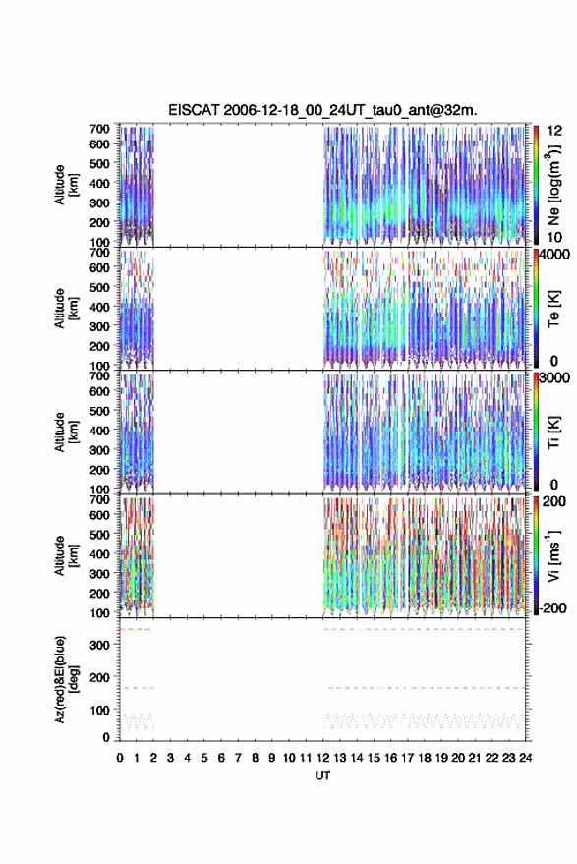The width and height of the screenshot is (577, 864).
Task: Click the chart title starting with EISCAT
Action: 322,110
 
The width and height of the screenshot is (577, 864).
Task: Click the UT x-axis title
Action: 322,776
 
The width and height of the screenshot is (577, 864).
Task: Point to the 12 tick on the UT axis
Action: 323,758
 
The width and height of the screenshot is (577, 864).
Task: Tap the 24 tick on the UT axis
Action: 525,758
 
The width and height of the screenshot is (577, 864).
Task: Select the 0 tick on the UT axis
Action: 120,758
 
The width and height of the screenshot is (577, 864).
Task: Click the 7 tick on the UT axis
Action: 238,758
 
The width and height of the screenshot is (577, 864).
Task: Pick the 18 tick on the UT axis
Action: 425,758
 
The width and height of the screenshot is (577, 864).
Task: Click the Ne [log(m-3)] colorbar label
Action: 553,186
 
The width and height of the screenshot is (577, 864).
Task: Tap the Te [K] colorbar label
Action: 553,309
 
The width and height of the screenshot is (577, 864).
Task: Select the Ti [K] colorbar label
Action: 553,432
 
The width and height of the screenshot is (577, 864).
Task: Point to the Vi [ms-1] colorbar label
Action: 553,556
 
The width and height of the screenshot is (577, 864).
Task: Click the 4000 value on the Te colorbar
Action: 555,255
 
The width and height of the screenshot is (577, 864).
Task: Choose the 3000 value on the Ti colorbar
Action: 555,378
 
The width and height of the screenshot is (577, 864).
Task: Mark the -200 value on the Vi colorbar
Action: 551,608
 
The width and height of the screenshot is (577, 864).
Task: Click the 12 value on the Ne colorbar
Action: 554,131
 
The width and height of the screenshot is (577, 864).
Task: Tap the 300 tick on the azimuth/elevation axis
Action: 99,645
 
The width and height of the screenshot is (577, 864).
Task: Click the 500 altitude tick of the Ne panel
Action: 99,163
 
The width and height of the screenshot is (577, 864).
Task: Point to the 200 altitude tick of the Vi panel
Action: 99,594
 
